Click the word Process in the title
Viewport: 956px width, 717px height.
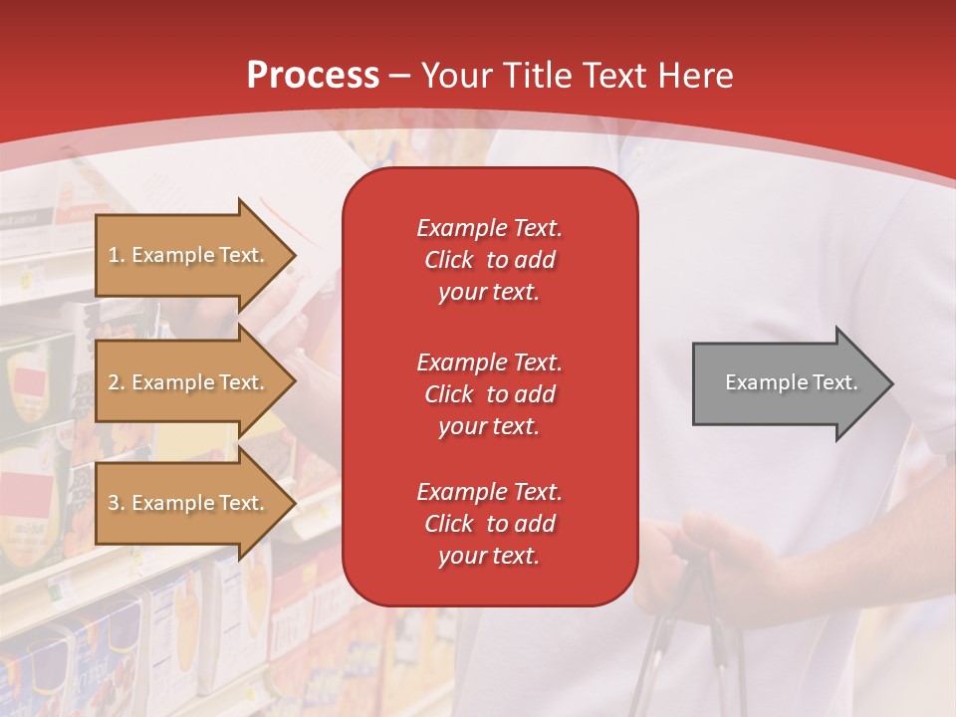point(313,75)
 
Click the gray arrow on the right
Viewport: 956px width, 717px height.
point(787,383)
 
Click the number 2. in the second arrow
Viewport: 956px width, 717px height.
point(116,382)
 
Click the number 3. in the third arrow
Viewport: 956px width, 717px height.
point(116,503)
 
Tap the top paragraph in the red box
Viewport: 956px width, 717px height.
point(489,260)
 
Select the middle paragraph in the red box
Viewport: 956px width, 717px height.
point(489,394)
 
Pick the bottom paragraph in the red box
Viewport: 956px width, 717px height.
point(489,524)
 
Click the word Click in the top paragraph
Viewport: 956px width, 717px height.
point(449,260)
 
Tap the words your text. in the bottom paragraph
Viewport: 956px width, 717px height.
point(489,556)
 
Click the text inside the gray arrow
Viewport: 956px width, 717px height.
point(792,382)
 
